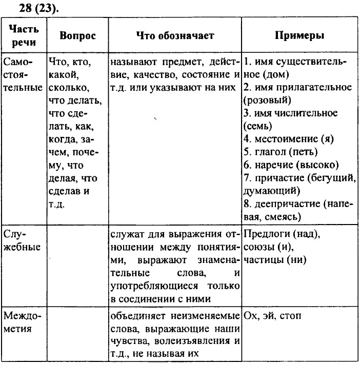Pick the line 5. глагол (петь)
[281, 152]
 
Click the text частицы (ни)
[275, 260]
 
